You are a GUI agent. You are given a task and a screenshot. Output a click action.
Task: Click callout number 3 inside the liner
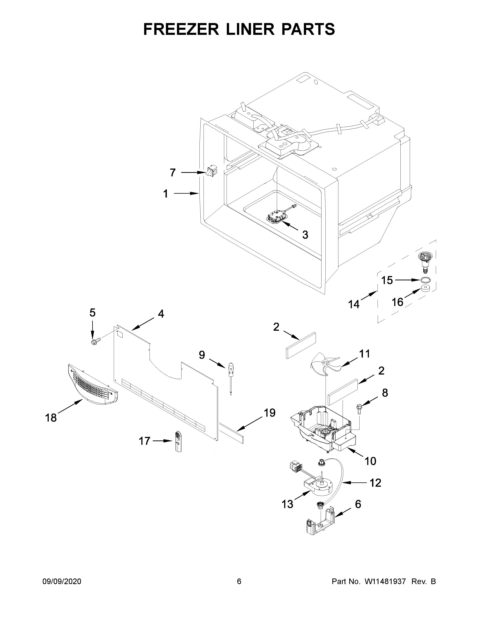305,235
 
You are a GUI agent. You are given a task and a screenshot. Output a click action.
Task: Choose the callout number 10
370,461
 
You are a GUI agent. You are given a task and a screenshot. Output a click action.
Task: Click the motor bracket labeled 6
321,525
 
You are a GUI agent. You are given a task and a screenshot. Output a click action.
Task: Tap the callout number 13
287,504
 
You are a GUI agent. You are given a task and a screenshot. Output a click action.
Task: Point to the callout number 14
354,305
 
